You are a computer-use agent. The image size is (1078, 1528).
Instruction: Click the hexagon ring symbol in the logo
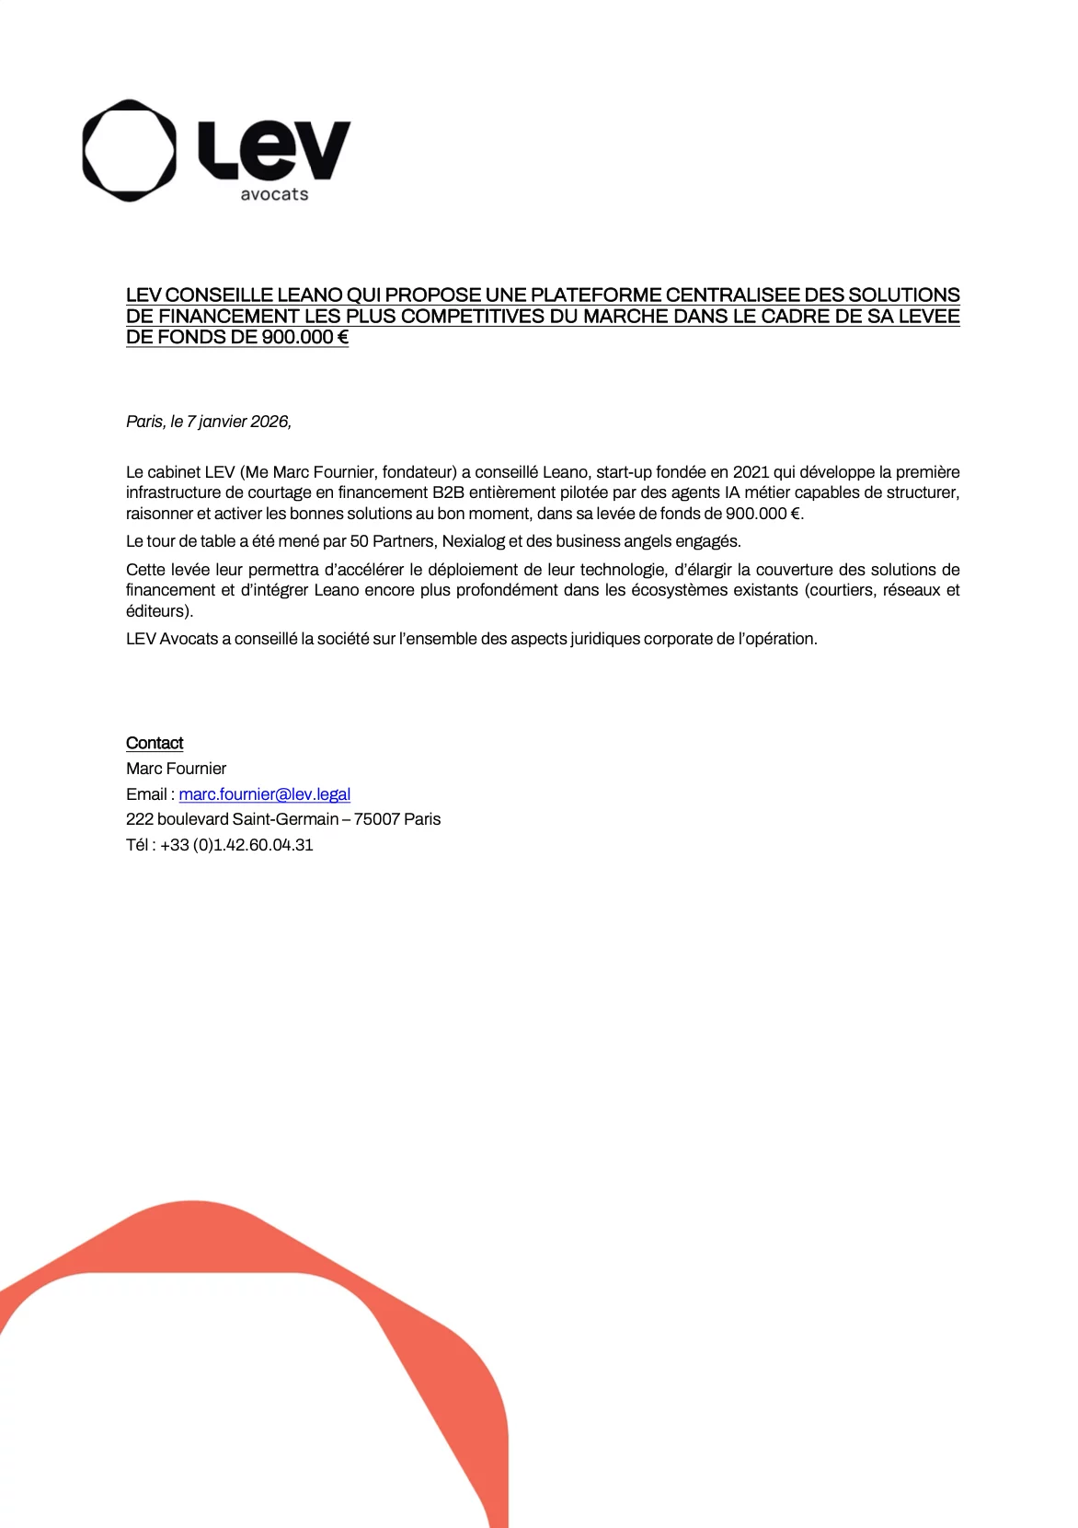click(x=129, y=150)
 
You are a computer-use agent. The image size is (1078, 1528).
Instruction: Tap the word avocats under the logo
click(x=274, y=194)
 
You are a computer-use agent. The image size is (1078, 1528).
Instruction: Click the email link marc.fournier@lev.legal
click(x=264, y=794)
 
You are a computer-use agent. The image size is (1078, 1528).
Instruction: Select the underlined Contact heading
click(x=155, y=743)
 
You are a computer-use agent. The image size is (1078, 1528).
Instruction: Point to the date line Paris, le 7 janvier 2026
click(x=209, y=422)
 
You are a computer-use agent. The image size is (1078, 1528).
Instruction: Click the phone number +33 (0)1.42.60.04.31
click(x=236, y=845)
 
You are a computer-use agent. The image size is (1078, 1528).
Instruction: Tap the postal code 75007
click(x=376, y=819)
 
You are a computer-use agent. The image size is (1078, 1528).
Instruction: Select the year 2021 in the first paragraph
click(x=751, y=472)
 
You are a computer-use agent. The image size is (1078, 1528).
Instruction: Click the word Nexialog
click(x=473, y=541)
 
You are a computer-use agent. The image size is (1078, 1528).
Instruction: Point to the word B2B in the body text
click(x=448, y=492)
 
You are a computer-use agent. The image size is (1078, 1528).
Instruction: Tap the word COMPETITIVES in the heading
click(x=472, y=317)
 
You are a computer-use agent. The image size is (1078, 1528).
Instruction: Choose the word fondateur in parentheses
click(x=419, y=472)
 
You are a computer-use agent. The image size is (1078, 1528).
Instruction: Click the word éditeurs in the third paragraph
click(x=157, y=611)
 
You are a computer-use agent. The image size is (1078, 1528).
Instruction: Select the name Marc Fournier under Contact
click(x=176, y=769)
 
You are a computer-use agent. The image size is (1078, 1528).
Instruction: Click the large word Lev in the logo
click(x=274, y=149)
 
